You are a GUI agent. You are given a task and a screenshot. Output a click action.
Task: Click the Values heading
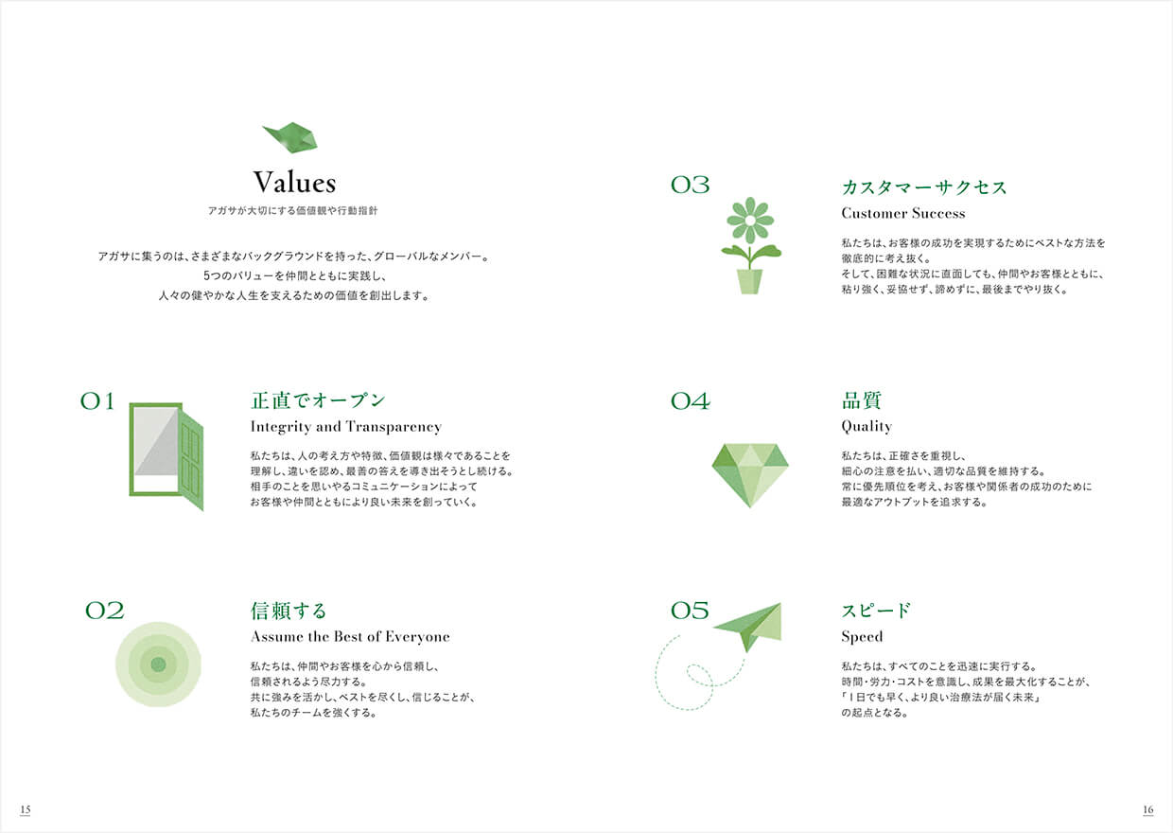point(294,183)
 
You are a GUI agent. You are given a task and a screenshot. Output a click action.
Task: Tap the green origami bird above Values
point(290,138)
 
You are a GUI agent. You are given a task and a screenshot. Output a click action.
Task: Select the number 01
point(96,402)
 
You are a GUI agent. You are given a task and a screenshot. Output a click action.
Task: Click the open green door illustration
point(166,456)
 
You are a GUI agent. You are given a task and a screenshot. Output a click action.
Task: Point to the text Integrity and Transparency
point(345,427)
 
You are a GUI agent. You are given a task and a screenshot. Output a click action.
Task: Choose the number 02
point(105,611)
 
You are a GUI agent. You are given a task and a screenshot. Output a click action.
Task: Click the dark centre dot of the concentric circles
point(158,665)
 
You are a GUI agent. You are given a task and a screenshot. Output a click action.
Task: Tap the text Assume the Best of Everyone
point(350,636)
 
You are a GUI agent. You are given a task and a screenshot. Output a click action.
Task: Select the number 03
point(691,185)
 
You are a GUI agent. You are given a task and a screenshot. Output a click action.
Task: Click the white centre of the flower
point(750,221)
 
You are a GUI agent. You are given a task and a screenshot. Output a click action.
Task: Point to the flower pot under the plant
point(749,281)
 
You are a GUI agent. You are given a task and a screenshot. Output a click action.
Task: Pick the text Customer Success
point(903,213)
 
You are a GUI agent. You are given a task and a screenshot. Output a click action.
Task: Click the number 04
point(691,402)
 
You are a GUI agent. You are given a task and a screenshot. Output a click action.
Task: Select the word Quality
point(867,427)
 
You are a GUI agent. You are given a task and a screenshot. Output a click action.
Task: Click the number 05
point(691,611)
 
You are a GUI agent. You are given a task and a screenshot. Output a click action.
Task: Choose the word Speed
point(862,637)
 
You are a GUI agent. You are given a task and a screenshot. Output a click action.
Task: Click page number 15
point(26,809)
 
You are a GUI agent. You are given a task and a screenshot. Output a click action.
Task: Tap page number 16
point(1147,809)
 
